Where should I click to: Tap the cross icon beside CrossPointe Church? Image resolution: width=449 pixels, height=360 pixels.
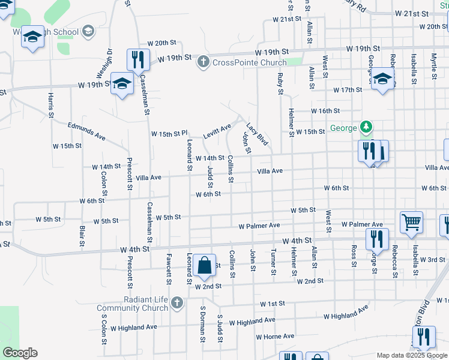tap(203, 62)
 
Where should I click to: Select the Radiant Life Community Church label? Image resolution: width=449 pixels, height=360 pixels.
tap(134, 304)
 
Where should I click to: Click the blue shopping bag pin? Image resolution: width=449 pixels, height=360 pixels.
tap(205, 266)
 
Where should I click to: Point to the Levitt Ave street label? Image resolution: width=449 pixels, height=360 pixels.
tap(217, 131)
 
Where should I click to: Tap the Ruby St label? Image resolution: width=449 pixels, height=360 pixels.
tap(280, 84)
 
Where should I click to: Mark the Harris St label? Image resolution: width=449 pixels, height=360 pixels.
tap(50, 105)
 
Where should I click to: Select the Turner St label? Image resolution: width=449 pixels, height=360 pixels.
tap(274, 262)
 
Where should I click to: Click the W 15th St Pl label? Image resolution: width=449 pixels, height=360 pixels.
tap(169, 133)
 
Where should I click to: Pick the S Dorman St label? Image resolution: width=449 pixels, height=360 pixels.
tap(202, 324)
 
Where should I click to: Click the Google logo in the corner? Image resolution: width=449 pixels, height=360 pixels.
tap(20, 353)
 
